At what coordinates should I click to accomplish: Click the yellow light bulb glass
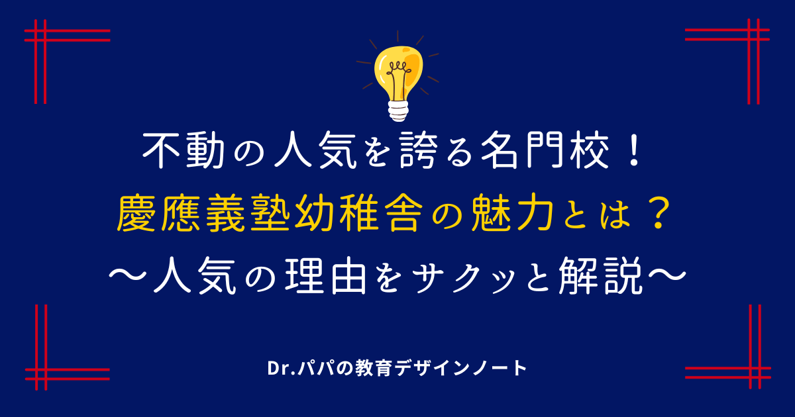(x=399, y=73)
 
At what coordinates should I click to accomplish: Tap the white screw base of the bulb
(x=398, y=111)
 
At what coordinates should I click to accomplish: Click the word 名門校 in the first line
(x=545, y=150)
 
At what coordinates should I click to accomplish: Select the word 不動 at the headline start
(x=184, y=150)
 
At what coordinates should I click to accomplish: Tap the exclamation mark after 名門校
(x=634, y=152)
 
